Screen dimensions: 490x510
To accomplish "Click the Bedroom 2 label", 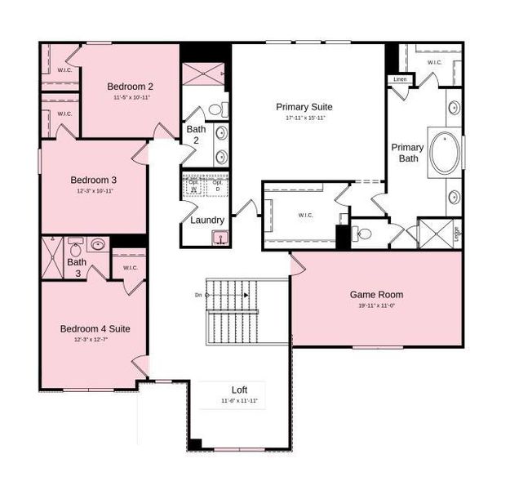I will (x=130, y=86).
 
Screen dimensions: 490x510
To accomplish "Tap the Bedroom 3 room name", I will (x=93, y=180).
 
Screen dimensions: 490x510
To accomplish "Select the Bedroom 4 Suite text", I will (x=95, y=328).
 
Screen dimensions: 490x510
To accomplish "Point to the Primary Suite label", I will (x=305, y=106).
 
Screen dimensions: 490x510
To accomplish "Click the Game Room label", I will (x=376, y=294).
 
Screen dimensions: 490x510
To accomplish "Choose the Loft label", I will (x=239, y=390).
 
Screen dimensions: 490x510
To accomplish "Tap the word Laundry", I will (x=207, y=220).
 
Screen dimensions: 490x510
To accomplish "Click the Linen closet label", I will (x=400, y=79).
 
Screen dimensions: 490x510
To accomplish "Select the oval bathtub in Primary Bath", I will (x=445, y=153).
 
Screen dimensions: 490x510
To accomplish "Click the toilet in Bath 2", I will (x=216, y=109).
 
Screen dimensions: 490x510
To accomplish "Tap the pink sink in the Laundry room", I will (x=220, y=238).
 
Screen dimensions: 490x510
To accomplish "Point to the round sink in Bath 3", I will (x=97, y=243).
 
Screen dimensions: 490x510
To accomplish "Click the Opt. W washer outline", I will (x=194, y=185).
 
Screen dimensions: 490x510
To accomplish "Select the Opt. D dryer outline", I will (x=217, y=185).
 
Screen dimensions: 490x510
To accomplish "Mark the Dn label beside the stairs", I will (x=198, y=294).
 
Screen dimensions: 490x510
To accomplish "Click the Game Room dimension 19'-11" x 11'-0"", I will (x=376, y=306).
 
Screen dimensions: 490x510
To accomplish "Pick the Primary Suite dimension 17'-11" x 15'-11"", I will (x=305, y=118).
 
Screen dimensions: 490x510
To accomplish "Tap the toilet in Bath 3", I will (x=75, y=247).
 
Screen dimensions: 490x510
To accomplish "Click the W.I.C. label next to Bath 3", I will (x=130, y=267).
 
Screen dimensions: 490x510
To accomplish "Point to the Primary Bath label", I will (x=407, y=153).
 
